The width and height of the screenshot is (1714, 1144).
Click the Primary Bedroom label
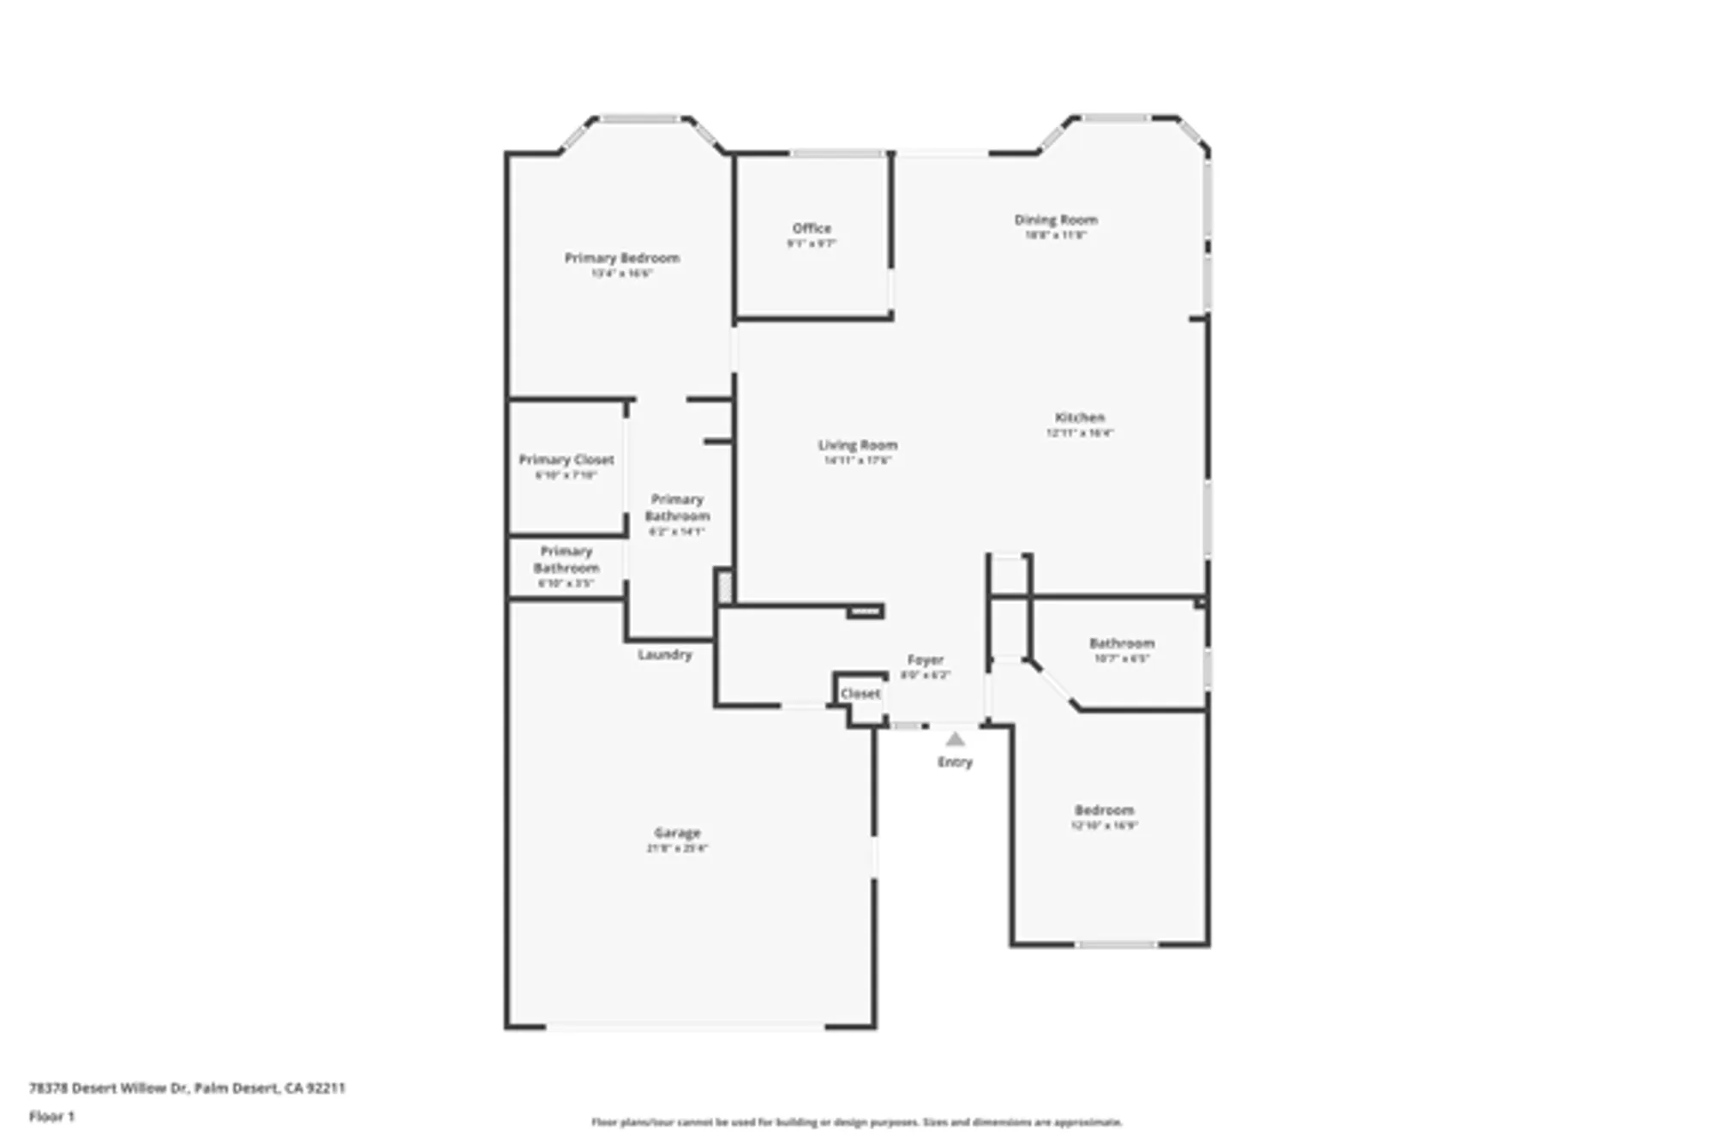[621, 257]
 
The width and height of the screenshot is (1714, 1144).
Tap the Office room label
[812, 228]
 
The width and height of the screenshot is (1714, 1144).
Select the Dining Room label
[1056, 220]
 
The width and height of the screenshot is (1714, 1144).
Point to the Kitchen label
[1080, 418]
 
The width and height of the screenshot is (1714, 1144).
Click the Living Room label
[857, 445]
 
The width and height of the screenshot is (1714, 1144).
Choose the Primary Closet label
[566, 460]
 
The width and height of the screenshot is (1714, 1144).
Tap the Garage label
[677, 833]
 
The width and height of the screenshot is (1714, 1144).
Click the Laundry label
[664, 654]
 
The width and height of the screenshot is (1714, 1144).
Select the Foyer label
[926, 659]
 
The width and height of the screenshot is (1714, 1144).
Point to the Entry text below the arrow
[955, 762]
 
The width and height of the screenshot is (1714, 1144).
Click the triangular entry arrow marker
[955, 739]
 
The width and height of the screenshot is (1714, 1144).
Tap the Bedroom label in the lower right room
[1104, 810]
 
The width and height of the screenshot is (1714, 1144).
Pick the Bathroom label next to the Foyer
[1122, 643]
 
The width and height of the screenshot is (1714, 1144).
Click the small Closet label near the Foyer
[860, 693]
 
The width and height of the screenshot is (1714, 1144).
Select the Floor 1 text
[52, 1117]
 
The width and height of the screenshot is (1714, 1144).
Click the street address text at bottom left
[187, 1088]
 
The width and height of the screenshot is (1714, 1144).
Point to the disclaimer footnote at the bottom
[856, 1122]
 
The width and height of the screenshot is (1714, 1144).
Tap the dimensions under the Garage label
[677, 848]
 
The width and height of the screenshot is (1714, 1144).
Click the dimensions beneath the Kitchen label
[1080, 433]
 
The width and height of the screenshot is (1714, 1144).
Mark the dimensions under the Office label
[812, 244]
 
